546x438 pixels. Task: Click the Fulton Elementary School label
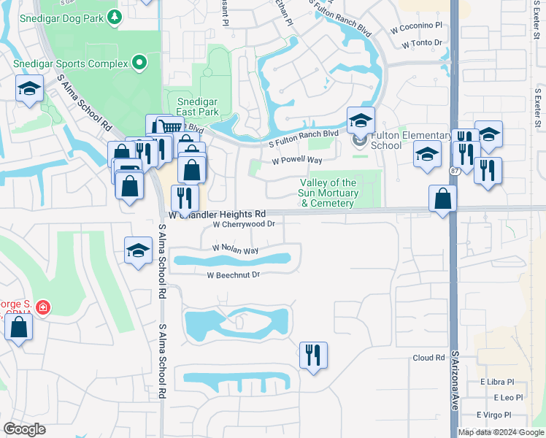pos(412,140)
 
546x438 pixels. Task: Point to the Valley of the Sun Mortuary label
pos(329,193)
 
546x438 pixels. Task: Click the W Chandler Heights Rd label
pos(218,215)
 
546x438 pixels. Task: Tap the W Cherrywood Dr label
pos(244,225)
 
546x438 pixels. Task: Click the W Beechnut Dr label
pos(234,275)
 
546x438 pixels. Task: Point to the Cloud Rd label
pos(428,358)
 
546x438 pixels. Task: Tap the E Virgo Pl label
pos(497,415)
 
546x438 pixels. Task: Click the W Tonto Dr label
pos(423,43)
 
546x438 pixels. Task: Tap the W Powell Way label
pos(297,161)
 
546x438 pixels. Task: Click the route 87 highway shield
pos(454,169)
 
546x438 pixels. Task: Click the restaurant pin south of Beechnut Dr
pos(313,356)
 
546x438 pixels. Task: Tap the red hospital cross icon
pos(43,308)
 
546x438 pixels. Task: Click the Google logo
pos(24,429)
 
